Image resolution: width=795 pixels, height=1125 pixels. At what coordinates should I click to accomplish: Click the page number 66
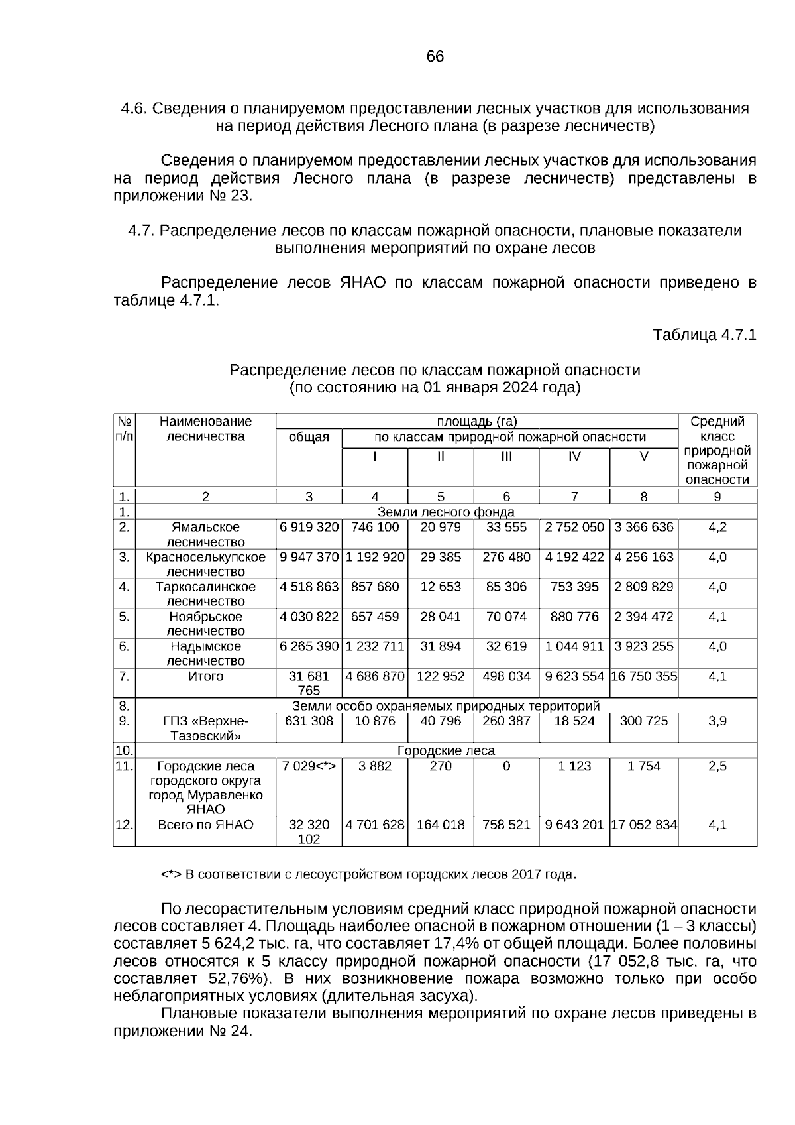tap(435, 57)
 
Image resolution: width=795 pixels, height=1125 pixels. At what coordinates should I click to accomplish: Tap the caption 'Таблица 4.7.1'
tap(704, 335)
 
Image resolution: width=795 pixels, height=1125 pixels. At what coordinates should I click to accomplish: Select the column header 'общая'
tap(309, 437)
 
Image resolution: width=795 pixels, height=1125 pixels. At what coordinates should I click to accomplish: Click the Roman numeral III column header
tap(506, 457)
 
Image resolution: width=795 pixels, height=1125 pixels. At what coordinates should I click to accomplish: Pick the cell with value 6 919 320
tap(309, 527)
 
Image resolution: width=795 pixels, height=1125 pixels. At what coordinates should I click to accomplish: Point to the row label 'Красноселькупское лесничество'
tap(205, 563)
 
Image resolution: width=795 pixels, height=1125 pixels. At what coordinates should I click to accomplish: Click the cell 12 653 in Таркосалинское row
tap(441, 587)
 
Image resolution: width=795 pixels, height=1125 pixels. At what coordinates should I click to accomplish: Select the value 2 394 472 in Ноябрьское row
tap(643, 617)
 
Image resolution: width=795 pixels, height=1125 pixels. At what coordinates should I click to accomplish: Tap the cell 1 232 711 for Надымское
tap(375, 646)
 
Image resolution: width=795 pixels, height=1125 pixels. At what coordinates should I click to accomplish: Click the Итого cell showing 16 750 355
tap(644, 676)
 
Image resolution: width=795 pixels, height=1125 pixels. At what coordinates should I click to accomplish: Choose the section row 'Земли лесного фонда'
tap(446, 512)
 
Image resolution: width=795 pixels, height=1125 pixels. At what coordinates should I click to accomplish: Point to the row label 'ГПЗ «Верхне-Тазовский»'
tap(205, 728)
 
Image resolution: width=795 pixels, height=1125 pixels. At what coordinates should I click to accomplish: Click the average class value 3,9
tap(717, 721)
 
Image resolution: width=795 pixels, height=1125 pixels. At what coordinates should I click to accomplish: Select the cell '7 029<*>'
tap(309, 766)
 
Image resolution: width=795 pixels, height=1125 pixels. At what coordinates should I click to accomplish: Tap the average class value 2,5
tap(717, 766)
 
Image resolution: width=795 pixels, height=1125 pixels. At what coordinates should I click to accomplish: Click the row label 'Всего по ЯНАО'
tap(205, 825)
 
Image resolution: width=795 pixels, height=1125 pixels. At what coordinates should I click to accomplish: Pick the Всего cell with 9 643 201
tap(574, 825)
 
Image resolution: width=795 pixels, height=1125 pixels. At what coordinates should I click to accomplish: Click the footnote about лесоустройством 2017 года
tap(369, 875)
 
